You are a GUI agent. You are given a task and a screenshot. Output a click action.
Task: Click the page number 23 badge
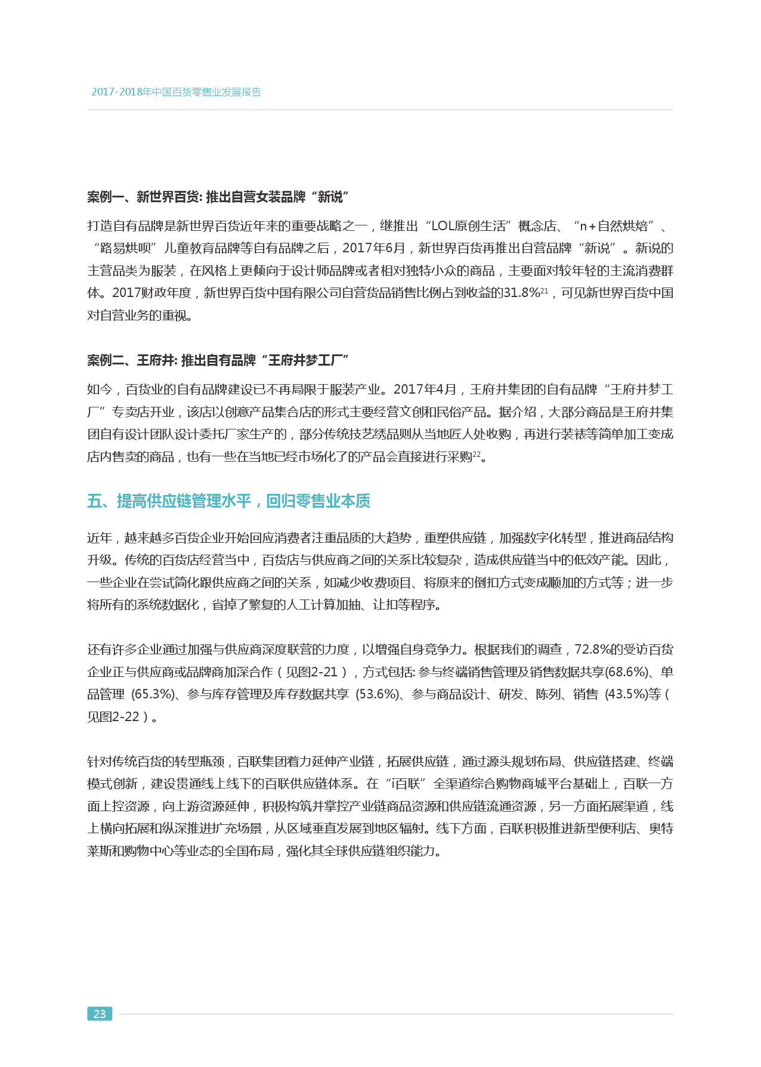pyautogui.click(x=100, y=1013)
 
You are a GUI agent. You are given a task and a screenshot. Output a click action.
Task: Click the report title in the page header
pyautogui.click(x=176, y=92)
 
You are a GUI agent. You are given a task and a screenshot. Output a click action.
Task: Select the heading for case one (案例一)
pyautogui.click(x=218, y=197)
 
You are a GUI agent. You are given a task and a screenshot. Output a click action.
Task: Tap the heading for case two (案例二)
pyautogui.click(x=218, y=360)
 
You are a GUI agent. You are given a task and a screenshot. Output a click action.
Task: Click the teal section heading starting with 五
pyautogui.click(x=228, y=501)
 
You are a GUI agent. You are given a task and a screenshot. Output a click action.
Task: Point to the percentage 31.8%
pyautogui.click(x=521, y=293)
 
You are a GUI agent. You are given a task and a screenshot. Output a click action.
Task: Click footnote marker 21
pyautogui.click(x=544, y=290)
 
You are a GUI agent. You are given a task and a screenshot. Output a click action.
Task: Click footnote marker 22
pyautogui.click(x=476, y=454)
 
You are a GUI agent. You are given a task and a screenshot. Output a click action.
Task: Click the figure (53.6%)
pyautogui.click(x=378, y=694)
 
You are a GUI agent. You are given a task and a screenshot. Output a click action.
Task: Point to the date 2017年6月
pyautogui.click(x=374, y=248)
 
